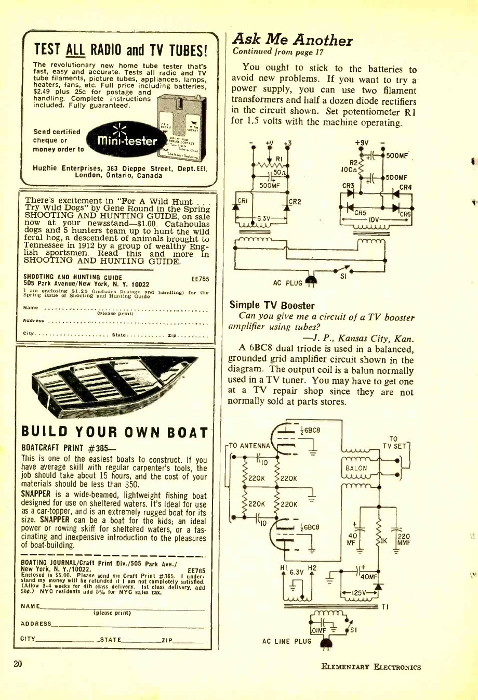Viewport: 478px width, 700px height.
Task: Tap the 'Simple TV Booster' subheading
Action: (272, 305)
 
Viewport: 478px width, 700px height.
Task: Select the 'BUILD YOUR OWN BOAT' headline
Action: (114, 433)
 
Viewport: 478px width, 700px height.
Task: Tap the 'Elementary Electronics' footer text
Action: (371, 667)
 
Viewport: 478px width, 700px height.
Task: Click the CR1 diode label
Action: (242, 201)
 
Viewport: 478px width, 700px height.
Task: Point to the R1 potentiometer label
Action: (278, 159)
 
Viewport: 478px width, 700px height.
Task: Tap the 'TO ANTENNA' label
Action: (249, 445)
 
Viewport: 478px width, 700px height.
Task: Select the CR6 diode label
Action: (405, 214)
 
